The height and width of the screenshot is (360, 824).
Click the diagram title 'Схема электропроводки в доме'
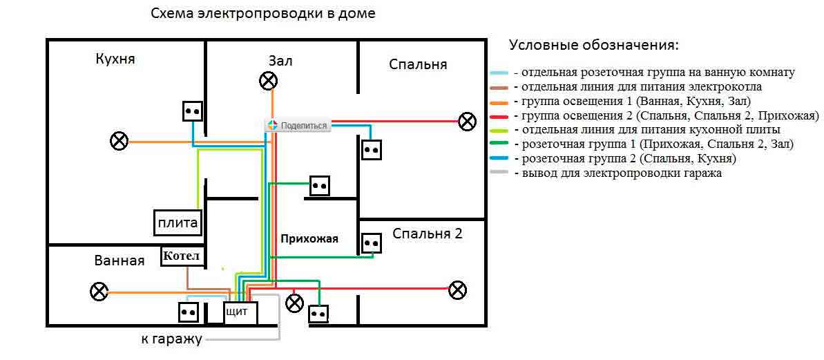(x=263, y=15)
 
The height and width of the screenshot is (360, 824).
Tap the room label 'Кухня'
(x=115, y=58)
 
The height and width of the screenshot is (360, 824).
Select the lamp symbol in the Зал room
(x=269, y=80)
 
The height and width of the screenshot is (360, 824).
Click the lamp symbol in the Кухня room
(x=119, y=142)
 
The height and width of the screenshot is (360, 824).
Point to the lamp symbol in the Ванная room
(x=99, y=292)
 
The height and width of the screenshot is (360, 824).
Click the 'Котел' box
(x=181, y=257)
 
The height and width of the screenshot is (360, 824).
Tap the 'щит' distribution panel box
(x=241, y=313)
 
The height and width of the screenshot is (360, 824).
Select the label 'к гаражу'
(x=171, y=339)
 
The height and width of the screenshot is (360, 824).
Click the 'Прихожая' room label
(x=309, y=238)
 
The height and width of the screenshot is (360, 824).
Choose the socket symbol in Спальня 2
(x=372, y=244)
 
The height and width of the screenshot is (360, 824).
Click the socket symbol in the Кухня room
(x=193, y=111)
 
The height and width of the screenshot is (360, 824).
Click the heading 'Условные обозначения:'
(x=594, y=45)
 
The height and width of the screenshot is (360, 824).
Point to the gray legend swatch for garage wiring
(x=500, y=174)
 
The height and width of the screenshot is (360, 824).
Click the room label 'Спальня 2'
(x=428, y=234)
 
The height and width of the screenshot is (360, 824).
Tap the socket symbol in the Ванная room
(x=188, y=312)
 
